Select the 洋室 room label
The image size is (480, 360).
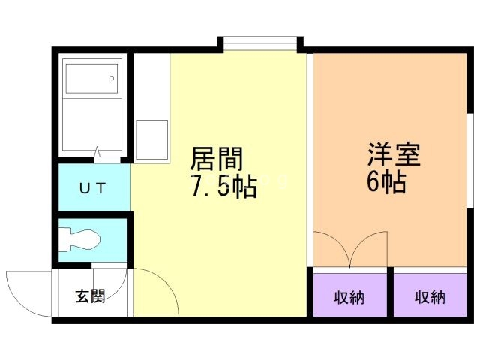coord(394,154)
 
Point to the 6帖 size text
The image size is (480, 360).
coord(387,181)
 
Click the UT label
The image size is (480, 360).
coord(94,187)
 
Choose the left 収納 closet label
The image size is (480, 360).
coord(349,297)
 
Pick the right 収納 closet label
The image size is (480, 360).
coord(430,297)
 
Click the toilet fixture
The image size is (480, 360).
coord(79,239)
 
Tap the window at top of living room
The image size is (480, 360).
coord(260,43)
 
